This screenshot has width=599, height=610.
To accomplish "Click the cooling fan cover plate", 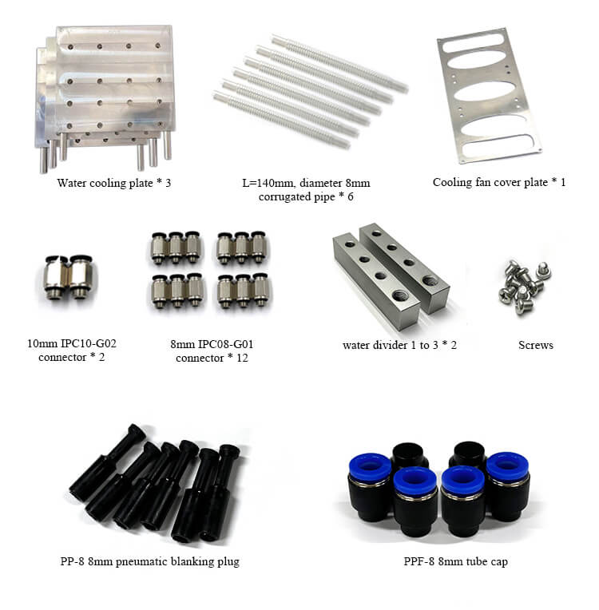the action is tap(490, 95).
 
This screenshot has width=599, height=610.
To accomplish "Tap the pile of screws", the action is tap(524, 287).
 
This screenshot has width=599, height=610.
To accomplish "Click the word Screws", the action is tap(536, 345).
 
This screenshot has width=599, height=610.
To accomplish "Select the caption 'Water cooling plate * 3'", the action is tap(113, 183).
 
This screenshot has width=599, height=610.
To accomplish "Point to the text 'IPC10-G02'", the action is tap(89, 343).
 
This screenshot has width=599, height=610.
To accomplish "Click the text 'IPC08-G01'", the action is tap(226, 344).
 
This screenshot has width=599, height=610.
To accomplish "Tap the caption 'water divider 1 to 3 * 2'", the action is tap(399, 345).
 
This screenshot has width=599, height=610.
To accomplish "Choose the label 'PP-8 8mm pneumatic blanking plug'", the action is tap(150, 561).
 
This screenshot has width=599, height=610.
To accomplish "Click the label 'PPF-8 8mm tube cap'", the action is tap(455, 561).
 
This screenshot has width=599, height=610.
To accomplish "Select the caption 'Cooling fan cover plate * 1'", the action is tap(499, 182).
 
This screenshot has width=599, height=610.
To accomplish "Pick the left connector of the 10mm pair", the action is tap(57, 277).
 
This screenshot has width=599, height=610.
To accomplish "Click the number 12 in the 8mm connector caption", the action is tap(242, 358).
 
